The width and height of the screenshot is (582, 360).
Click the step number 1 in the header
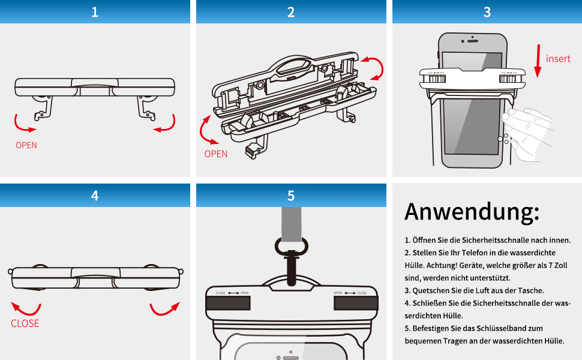(x=95, y=12)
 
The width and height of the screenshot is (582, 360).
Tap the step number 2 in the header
(x=291, y=12)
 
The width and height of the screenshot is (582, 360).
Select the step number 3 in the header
(x=487, y=12)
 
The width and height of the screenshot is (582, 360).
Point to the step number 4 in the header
(x=95, y=196)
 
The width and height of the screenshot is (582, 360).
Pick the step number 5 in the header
(x=291, y=196)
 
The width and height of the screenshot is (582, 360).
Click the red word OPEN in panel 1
(x=26, y=145)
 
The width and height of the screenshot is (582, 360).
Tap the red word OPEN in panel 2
(x=216, y=154)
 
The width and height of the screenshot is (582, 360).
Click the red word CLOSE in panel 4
(x=25, y=323)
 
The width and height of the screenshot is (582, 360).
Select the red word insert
(x=558, y=59)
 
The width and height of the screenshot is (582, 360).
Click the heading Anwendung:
(x=472, y=212)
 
